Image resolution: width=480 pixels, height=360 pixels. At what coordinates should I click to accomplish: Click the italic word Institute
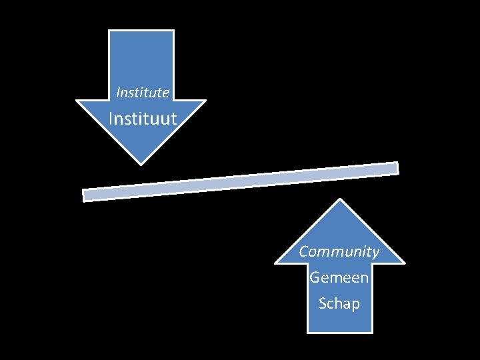pos(143,92)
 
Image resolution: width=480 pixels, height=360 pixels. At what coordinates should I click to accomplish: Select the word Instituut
pos(143,119)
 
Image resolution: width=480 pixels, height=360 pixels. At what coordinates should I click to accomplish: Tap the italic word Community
pos(339,251)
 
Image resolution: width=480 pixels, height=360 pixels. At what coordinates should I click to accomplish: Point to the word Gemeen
pos(339,277)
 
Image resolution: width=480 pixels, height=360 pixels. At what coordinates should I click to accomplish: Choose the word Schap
pos(339,303)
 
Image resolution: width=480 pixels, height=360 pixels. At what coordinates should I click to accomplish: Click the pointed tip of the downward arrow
pos(141,163)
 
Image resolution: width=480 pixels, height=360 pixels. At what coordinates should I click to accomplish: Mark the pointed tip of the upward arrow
pos(340,200)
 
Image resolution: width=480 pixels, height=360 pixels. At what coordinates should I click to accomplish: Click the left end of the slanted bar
pos(84,195)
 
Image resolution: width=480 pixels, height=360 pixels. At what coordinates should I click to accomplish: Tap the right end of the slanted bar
pos(397,167)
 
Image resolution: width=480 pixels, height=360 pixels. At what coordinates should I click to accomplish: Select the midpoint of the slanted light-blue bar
pos(240,181)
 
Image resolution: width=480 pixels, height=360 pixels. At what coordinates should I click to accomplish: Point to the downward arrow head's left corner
pos(77,101)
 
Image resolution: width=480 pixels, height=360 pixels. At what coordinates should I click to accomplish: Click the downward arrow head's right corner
pos(205,101)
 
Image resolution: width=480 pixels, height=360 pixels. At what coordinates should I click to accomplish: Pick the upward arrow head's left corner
pos(276,262)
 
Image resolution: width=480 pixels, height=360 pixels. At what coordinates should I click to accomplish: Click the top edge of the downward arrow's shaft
pos(141,31)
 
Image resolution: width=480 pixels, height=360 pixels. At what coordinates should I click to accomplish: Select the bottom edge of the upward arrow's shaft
pos(340,331)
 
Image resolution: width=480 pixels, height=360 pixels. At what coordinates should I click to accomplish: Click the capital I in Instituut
pos(111,119)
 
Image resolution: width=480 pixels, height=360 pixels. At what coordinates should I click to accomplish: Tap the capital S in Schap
pos(323,303)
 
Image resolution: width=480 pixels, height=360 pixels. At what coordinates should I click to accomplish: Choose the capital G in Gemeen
pos(315,277)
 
